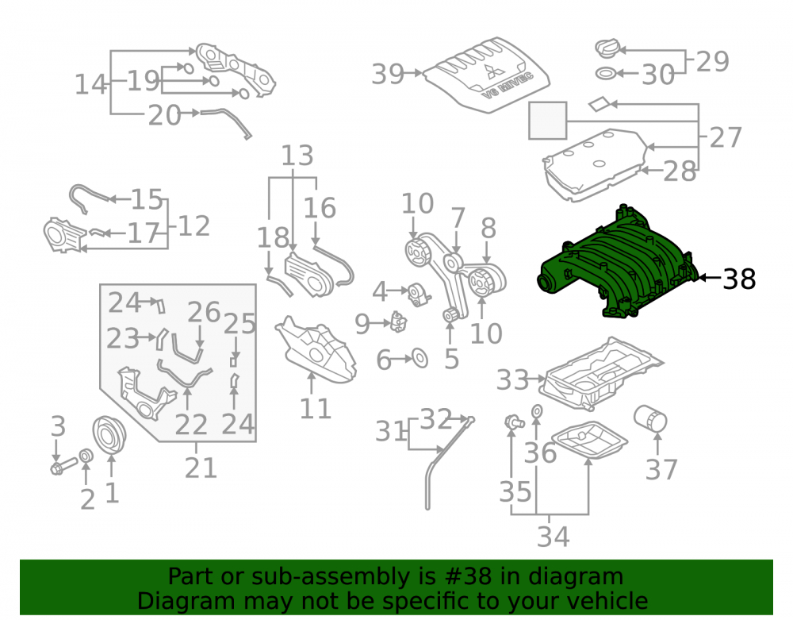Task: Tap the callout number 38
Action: (x=739, y=279)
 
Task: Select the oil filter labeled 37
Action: (x=650, y=418)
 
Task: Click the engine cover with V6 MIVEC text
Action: (x=487, y=75)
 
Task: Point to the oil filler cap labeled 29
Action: (x=607, y=48)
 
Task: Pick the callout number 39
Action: (x=388, y=74)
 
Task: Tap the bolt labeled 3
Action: (x=63, y=466)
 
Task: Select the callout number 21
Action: (x=201, y=468)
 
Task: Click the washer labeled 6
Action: (x=419, y=358)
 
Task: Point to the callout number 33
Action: (x=512, y=379)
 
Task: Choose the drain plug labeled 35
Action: (x=514, y=422)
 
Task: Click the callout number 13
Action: (x=297, y=156)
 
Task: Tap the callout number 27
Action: (x=726, y=137)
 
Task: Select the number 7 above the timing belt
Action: (x=458, y=218)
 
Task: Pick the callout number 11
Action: (x=316, y=409)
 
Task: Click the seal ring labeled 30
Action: (x=606, y=73)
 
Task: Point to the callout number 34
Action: (x=554, y=537)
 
